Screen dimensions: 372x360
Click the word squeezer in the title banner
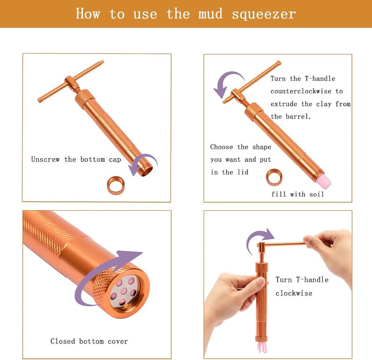click(x=264, y=14)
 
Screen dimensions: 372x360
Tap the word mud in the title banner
click(x=211, y=13)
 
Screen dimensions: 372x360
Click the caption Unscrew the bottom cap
click(x=76, y=159)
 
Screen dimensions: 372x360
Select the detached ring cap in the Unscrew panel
click(x=116, y=185)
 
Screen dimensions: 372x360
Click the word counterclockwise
click(x=301, y=91)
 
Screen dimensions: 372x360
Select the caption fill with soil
click(x=298, y=194)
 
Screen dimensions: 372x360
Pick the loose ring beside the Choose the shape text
click(x=274, y=177)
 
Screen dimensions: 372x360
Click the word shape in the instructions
click(x=262, y=147)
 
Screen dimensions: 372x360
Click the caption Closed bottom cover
click(x=89, y=341)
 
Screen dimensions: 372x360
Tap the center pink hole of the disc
click(x=123, y=291)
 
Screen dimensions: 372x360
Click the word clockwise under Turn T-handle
click(x=294, y=293)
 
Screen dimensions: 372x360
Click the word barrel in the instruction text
click(x=298, y=117)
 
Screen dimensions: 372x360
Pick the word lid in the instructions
click(x=243, y=172)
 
